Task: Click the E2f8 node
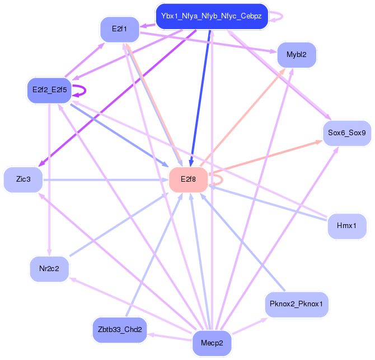(189, 179)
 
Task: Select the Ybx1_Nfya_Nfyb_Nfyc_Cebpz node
(212, 16)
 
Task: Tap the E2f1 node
(119, 29)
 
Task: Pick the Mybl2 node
(297, 55)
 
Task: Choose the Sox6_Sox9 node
(346, 133)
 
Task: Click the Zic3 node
(23, 179)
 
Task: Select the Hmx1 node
(346, 226)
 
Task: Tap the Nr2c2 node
(49, 269)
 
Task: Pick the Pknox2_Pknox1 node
(297, 305)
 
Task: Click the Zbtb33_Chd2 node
(119, 330)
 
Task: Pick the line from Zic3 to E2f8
(106, 179)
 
